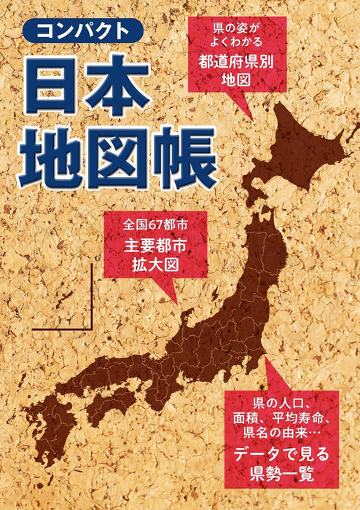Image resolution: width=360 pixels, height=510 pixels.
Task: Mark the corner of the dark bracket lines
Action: (x=92, y=328)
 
